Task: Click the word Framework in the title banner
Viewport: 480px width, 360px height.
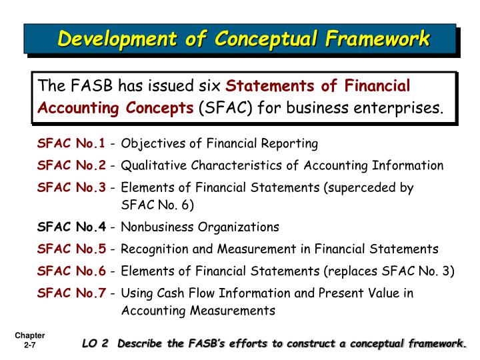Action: (x=378, y=39)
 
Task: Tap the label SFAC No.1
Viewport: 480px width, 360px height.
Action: (x=71, y=143)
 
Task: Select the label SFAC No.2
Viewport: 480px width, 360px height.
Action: (x=71, y=165)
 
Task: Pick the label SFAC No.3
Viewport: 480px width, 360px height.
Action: (x=71, y=188)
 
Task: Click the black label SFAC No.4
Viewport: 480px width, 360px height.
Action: (x=71, y=227)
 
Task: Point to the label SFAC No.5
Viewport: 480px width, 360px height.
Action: (x=71, y=249)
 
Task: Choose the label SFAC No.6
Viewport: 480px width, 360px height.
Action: (x=71, y=271)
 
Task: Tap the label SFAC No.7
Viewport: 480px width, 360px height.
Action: (x=71, y=293)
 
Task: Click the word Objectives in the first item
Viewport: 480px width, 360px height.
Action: (x=149, y=143)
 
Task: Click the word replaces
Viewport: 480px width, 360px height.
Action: (x=353, y=271)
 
